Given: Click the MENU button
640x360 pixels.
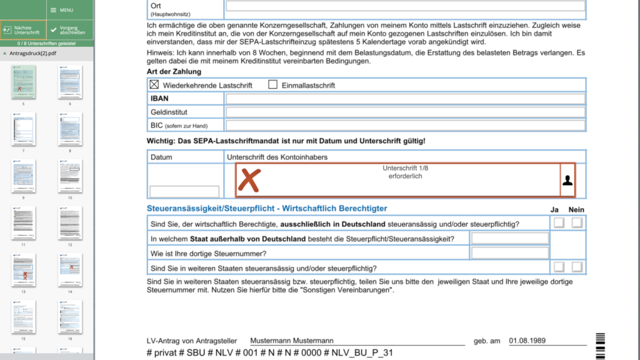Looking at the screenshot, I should coord(62,10).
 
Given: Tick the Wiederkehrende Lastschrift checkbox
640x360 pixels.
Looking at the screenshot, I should coord(154,85).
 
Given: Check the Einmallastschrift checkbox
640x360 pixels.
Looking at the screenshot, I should coord(272,85).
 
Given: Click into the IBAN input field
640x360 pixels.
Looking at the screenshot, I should coord(405,99).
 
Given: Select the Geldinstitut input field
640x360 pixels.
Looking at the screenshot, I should coord(405,112).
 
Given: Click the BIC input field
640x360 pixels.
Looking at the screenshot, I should coord(405,126).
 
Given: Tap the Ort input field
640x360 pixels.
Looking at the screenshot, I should coord(405,6).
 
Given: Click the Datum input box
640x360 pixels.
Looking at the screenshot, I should coord(184,191).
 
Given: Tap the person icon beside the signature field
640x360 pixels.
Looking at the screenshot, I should coord(567,180).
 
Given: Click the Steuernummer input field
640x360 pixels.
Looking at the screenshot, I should coord(510,253).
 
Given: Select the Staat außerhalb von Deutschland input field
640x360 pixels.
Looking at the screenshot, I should coord(510,238).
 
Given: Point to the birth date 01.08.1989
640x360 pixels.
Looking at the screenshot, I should coord(528,341).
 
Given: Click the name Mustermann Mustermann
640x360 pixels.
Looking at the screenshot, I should coord(292,341).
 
